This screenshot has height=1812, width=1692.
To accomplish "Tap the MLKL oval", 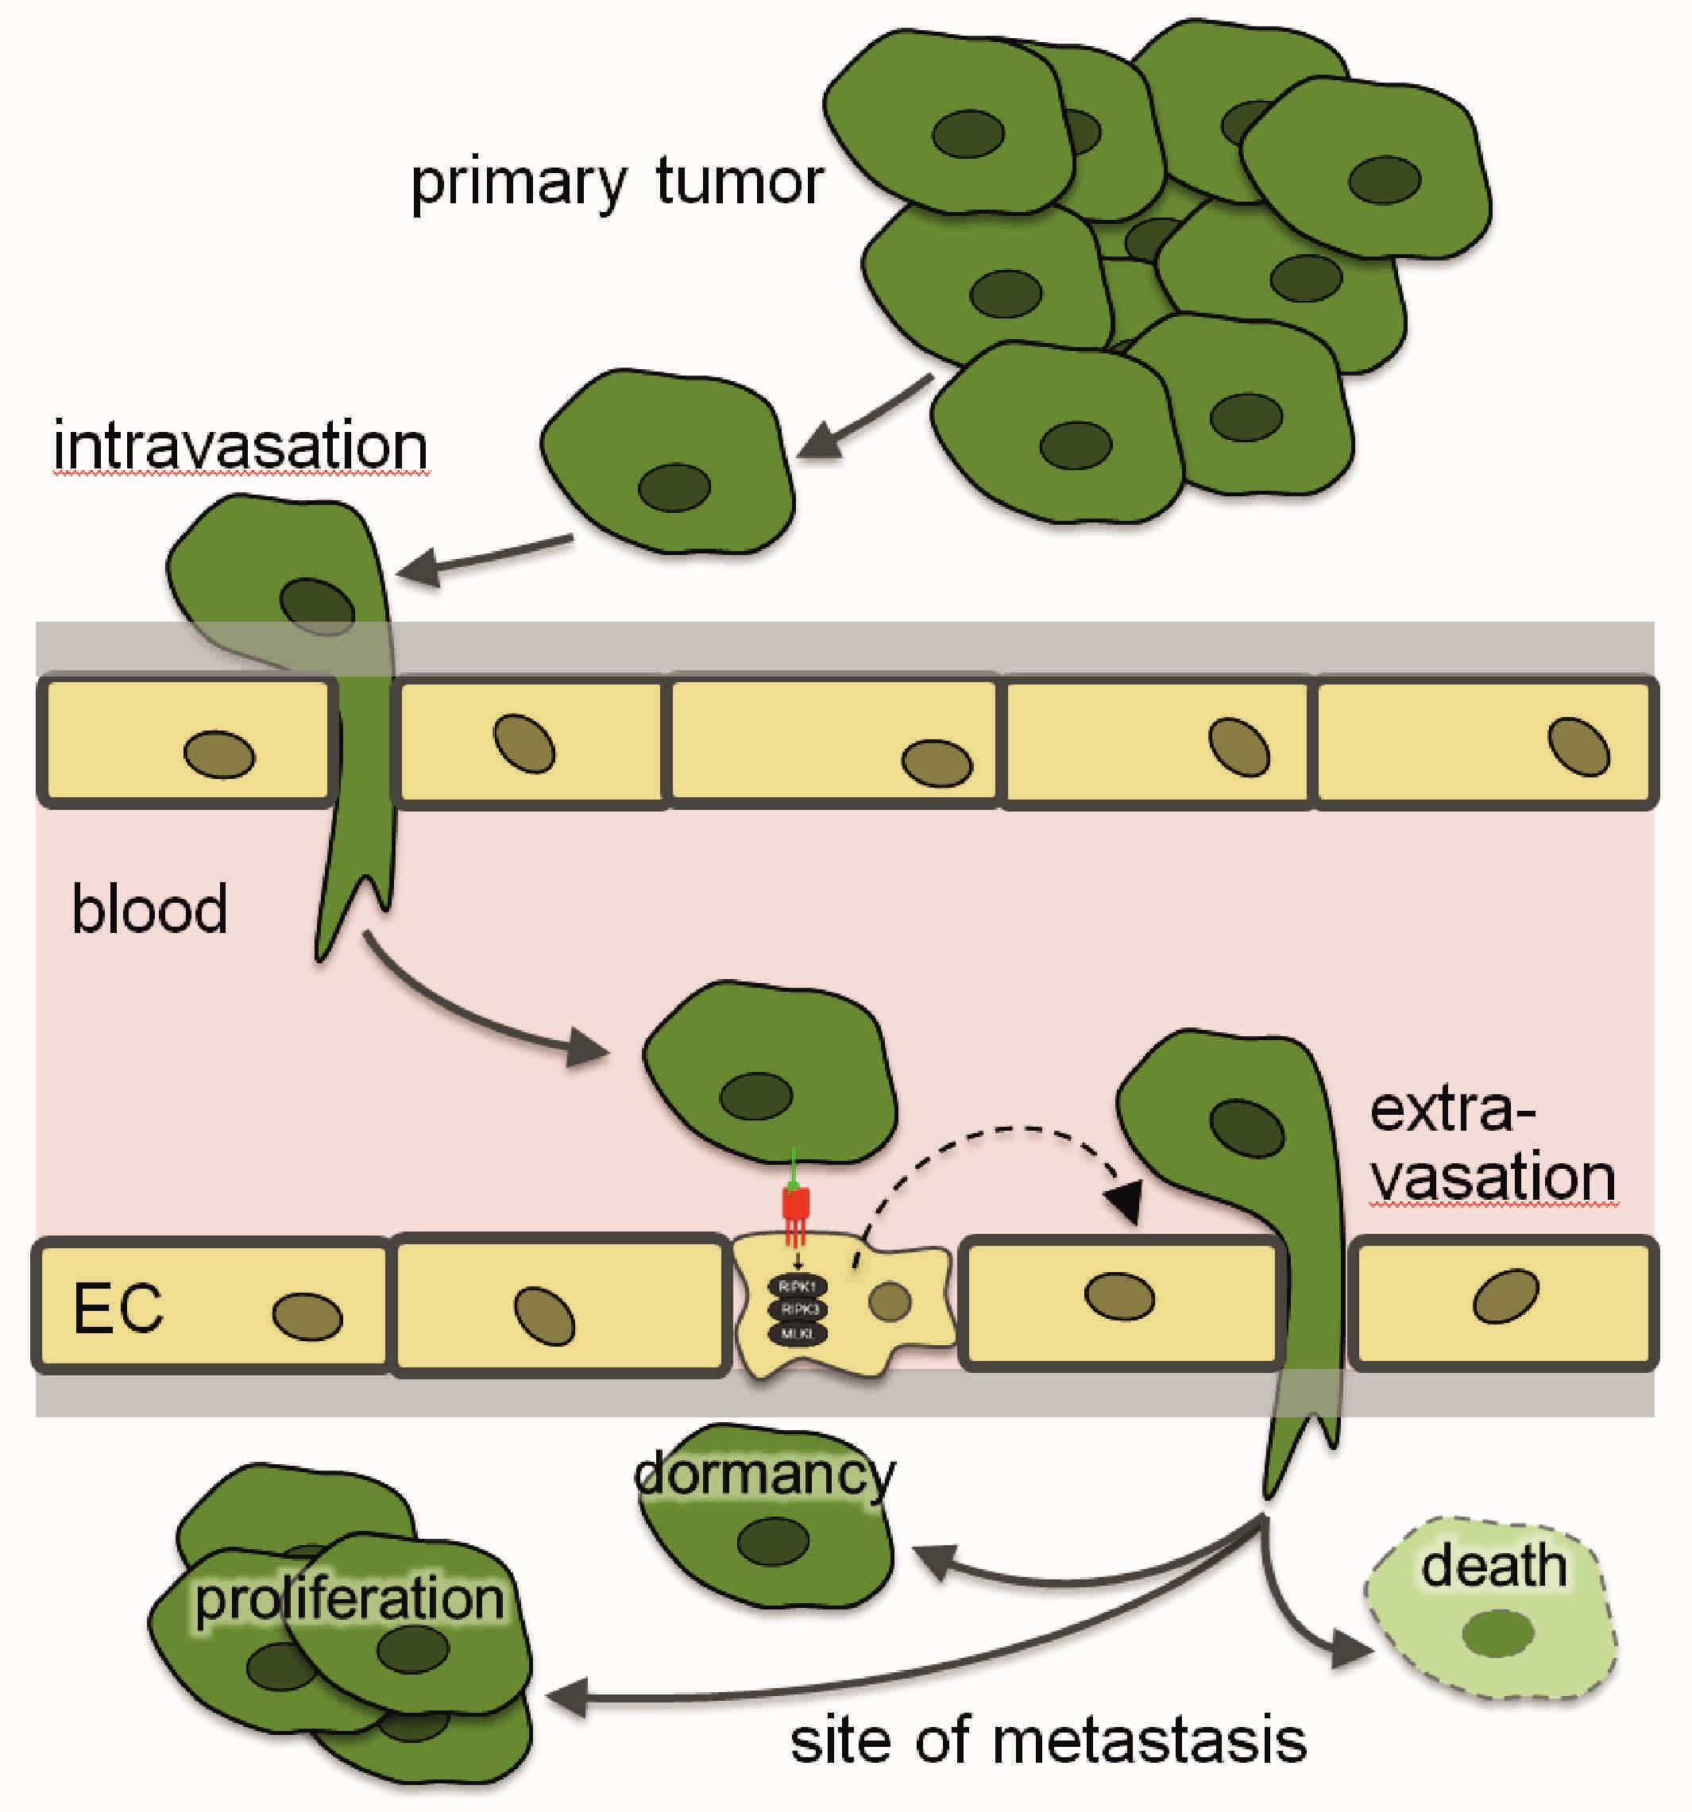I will pyautogui.click(x=799, y=1333).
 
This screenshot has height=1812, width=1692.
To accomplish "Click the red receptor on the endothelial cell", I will pyautogui.click(x=796, y=1205).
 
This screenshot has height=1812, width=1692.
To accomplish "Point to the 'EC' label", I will pyautogui.click(x=118, y=1309).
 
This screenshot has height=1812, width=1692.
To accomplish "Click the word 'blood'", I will pyautogui.click(x=149, y=910).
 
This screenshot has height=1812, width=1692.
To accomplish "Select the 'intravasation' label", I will pyautogui.click(x=241, y=446).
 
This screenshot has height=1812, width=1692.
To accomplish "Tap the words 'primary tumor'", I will pyautogui.click(x=617, y=183).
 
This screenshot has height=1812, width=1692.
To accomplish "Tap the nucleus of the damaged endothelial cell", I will pyautogui.click(x=890, y=1301).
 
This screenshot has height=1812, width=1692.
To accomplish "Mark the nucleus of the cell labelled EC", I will pyautogui.click(x=307, y=1317).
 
